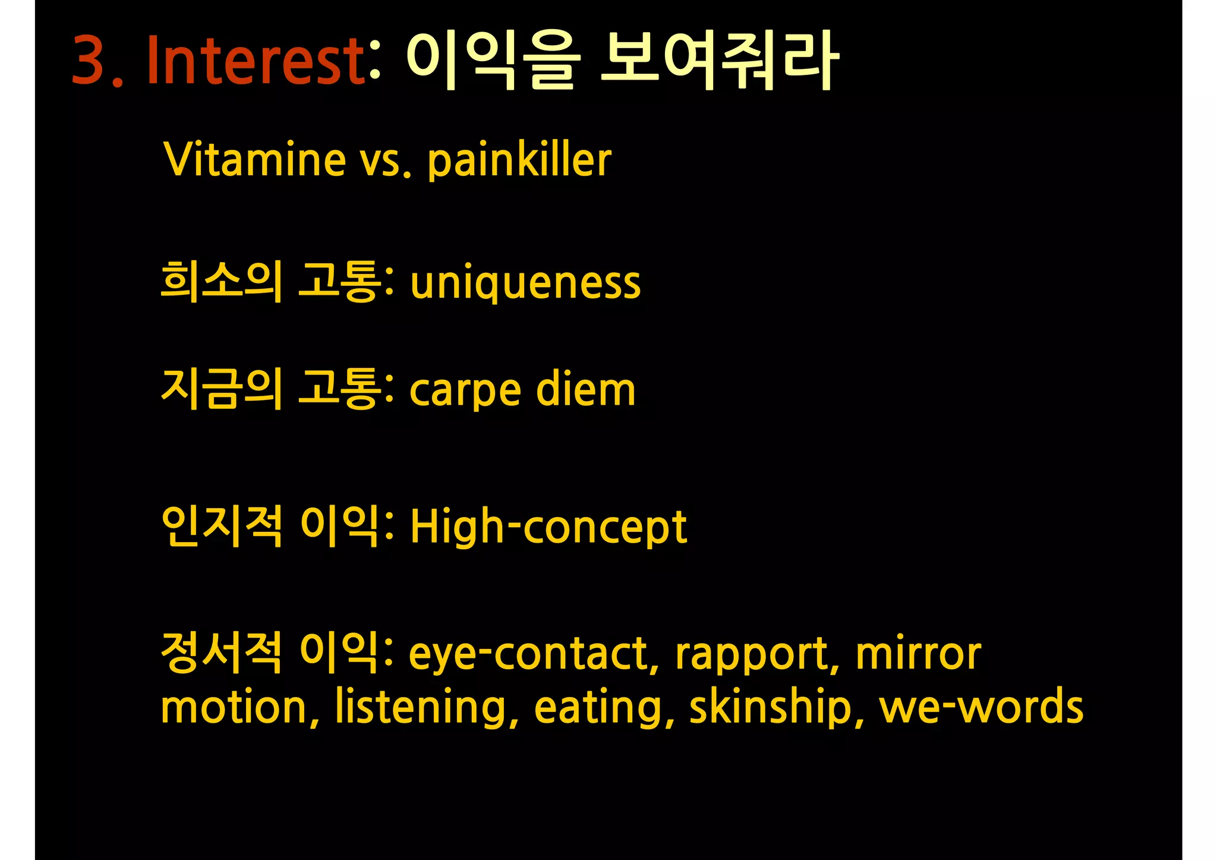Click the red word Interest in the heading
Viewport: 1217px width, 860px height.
point(256,61)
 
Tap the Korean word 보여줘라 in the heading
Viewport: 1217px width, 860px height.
point(720,61)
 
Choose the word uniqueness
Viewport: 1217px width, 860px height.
point(525,283)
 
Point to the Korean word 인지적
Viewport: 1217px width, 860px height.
point(221,526)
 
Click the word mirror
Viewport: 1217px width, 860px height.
point(918,654)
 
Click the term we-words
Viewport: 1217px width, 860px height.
point(981,707)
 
